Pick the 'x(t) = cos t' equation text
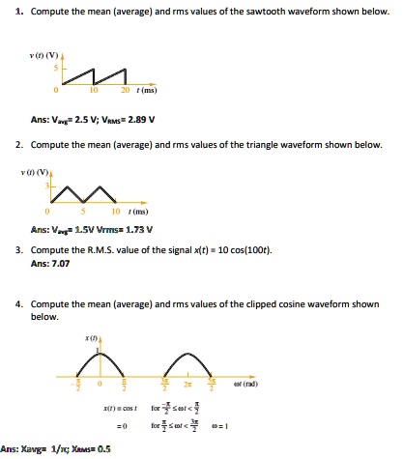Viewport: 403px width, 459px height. [132, 412]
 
